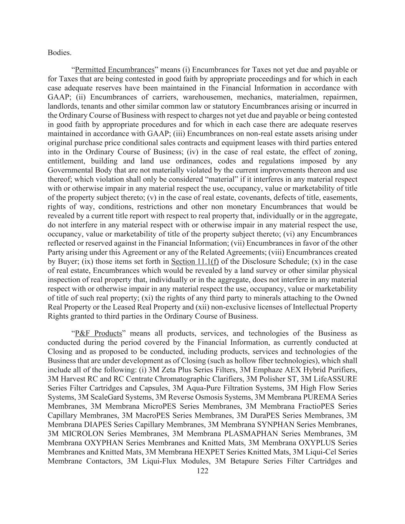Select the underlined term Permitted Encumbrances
coord(114,70)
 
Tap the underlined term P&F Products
coord(98,333)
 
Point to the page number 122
coord(202,471)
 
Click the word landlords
coord(63,106)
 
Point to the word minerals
coord(245,298)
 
